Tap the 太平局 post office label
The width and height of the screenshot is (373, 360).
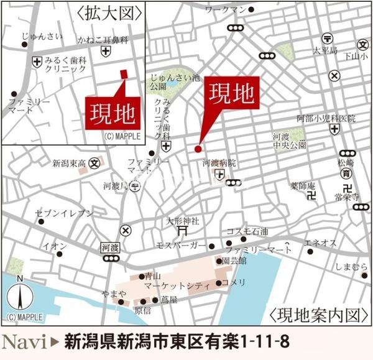click(325, 49)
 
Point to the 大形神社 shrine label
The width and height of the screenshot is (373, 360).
click(183, 220)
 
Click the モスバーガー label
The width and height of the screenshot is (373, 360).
click(180, 245)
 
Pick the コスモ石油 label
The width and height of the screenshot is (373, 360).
click(247, 231)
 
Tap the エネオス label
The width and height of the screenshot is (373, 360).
click(321, 242)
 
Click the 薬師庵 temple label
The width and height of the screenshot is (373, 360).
click(303, 185)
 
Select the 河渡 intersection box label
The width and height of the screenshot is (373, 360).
click(109, 247)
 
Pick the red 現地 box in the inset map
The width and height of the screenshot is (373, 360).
click(112, 113)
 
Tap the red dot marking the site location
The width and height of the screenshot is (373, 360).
click(198, 149)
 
